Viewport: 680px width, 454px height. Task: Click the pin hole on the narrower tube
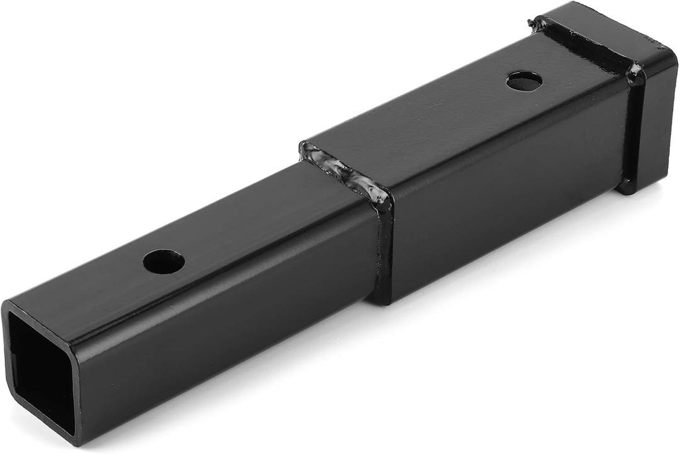coord(164,261)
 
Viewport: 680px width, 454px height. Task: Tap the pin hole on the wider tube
coord(524,81)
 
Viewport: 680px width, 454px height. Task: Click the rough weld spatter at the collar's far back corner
coord(537,23)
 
